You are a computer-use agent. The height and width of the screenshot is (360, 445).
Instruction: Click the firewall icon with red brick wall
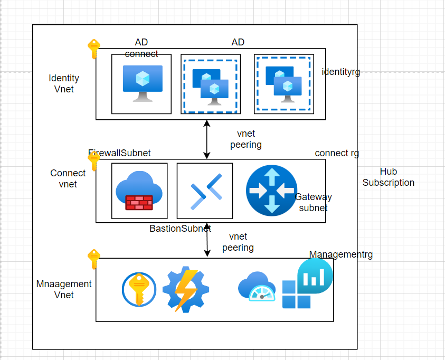tap(139, 191)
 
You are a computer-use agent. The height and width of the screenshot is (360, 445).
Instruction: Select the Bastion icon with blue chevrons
tap(205, 191)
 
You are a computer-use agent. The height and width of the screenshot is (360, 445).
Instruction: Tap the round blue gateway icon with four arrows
tap(271, 191)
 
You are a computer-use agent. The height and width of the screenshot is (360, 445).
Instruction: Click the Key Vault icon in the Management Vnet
tap(139, 290)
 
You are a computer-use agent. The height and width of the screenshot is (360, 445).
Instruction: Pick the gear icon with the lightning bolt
tap(185, 290)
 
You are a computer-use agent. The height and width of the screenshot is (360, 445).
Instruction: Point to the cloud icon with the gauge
tap(257, 287)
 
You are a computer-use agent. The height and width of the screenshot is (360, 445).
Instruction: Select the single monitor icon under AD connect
tap(142, 83)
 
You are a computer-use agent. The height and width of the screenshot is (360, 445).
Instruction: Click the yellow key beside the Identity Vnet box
tap(93, 49)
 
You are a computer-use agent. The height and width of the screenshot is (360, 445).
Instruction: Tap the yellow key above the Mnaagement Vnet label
tap(93, 259)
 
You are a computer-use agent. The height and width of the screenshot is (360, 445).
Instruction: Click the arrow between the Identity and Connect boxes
tap(207, 139)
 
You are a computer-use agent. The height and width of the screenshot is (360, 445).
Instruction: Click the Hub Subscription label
tap(388, 177)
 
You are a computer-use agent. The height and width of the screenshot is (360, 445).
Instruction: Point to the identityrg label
tap(340, 72)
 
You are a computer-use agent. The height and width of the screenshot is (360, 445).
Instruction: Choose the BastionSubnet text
tap(180, 229)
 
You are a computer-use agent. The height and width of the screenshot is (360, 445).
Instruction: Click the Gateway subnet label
tap(313, 202)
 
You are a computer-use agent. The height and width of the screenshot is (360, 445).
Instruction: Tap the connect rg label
tap(337, 153)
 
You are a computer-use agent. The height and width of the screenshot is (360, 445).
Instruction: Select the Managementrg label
tap(340, 254)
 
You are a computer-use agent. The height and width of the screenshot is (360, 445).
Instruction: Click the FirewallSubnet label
tap(120, 153)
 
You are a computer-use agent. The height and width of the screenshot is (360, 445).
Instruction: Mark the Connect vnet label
tap(68, 178)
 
